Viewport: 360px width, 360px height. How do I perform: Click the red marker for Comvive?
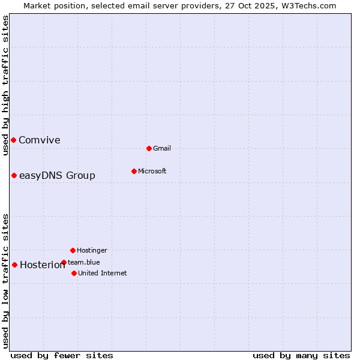click(x=13, y=140)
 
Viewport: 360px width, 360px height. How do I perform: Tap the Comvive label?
click(x=40, y=140)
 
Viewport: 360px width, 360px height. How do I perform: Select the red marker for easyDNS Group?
click(x=14, y=175)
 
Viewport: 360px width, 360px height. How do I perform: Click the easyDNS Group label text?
click(x=57, y=175)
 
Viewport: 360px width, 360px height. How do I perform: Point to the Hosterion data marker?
click(x=14, y=265)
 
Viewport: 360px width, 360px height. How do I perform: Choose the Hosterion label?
click(x=42, y=265)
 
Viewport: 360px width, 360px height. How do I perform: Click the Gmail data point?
click(x=149, y=148)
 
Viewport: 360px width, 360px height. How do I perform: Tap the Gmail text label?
click(x=162, y=149)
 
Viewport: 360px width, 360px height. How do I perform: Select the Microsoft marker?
click(x=134, y=171)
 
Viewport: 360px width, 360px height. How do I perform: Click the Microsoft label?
click(x=152, y=172)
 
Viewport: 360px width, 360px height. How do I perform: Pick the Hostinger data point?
click(x=73, y=250)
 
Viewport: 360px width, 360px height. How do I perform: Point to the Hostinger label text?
click(x=92, y=251)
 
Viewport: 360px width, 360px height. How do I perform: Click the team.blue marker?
click(x=64, y=262)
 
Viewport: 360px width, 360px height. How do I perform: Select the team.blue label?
click(x=84, y=262)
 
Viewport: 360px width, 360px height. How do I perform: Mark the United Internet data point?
click(x=74, y=273)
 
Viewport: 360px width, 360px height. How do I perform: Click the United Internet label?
click(x=103, y=274)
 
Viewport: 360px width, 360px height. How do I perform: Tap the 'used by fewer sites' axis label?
click(x=62, y=355)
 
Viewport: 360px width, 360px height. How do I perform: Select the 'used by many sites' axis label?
click(x=301, y=355)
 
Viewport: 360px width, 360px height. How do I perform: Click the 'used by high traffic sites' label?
click(x=5, y=85)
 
